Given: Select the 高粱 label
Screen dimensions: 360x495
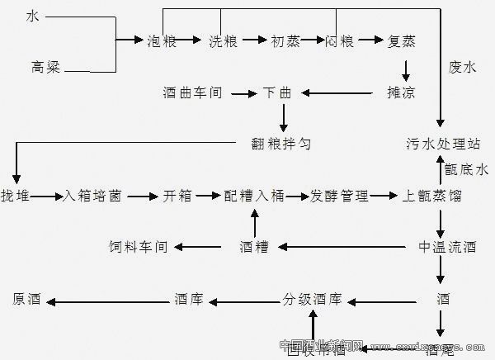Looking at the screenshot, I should click(45, 67).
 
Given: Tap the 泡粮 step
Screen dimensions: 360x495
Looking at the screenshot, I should click(162, 40).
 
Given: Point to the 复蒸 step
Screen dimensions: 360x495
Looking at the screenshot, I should click(404, 40).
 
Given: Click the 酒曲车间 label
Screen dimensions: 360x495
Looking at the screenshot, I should click(193, 92).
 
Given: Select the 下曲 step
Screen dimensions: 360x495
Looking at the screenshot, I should click(277, 92).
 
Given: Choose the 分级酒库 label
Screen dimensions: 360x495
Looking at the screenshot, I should click(312, 298).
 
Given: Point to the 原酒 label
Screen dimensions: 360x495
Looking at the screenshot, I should click(27, 298).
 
